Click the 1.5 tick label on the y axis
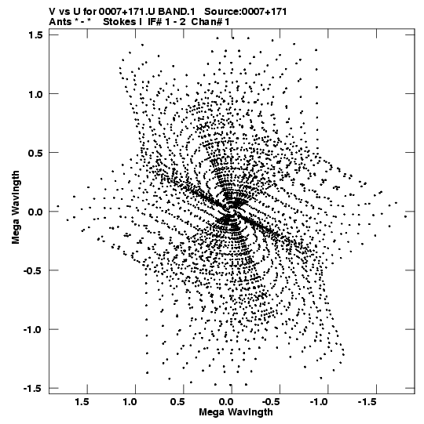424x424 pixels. [x=36, y=35]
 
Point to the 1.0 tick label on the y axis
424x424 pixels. [x=36, y=94]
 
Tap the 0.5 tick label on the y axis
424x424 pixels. [x=36, y=153]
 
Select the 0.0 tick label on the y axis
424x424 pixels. [x=36, y=212]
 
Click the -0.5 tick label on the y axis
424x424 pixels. [x=34, y=270]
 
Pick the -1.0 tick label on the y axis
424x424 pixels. [x=34, y=330]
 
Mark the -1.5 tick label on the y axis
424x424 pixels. [x=34, y=389]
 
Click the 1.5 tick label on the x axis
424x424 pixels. [x=82, y=402]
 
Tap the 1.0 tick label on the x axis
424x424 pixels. [x=130, y=402]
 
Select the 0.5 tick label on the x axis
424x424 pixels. [x=178, y=402]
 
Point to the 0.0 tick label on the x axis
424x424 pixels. [x=226, y=402]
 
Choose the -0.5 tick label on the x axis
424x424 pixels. [x=272, y=402]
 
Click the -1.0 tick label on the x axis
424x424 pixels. [x=320, y=402]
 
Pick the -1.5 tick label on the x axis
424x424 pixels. [x=368, y=402]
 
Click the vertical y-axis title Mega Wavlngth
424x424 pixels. [x=16, y=208]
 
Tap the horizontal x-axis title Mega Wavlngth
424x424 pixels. [x=236, y=412]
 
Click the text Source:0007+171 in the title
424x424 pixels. [x=246, y=12]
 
